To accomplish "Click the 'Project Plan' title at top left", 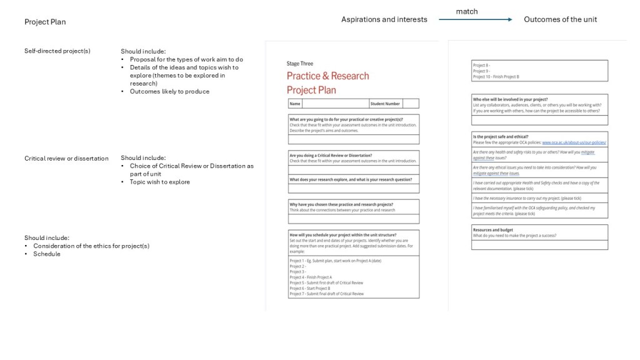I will click(x=45, y=22).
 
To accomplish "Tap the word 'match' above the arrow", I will click(x=467, y=11).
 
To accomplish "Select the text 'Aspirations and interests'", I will click(x=384, y=19).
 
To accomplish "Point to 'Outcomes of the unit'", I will click(x=560, y=19).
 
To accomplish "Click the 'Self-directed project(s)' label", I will click(x=57, y=51).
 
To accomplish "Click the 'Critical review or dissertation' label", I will click(x=66, y=158).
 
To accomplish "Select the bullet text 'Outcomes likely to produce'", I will click(x=169, y=91).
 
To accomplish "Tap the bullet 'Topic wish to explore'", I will click(x=160, y=182).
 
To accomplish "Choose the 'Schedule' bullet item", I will click(x=47, y=254).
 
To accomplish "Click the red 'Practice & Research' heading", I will click(x=327, y=76).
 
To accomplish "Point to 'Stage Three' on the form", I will click(x=300, y=64).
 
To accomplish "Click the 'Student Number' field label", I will click(x=385, y=104).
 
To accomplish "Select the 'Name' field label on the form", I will click(x=295, y=104).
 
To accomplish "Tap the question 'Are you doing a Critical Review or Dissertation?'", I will click(x=331, y=155).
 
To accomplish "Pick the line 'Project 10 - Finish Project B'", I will click(x=496, y=77).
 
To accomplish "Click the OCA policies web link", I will click(x=574, y=143).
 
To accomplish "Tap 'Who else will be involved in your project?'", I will click(x=510, y=99).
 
